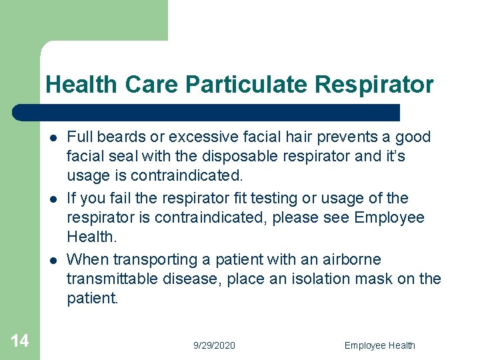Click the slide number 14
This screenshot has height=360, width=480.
20,341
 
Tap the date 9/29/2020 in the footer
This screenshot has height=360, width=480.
214,345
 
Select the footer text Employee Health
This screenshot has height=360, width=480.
379,345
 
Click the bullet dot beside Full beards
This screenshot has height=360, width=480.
51,138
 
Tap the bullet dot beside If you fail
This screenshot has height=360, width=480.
51,199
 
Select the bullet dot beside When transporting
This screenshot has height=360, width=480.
51,260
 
